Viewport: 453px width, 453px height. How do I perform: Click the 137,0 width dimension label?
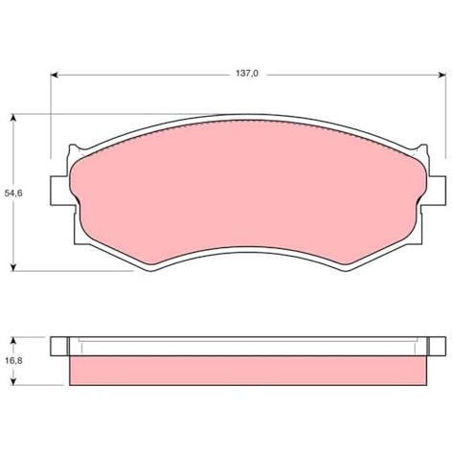coord(247,74)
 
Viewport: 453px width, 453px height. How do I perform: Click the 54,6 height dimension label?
coord(13,193)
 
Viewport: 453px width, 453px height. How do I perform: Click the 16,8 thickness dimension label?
coord(13,361)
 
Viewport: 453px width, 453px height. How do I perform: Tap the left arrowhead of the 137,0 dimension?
coord(55,75)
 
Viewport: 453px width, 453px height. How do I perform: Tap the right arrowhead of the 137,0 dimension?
coord(442,75)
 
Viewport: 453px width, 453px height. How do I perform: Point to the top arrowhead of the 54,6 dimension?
coord(13,118)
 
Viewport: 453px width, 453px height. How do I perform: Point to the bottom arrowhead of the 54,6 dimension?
coord(13,267)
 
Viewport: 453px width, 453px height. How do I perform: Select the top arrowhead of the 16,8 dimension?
coord(13,340)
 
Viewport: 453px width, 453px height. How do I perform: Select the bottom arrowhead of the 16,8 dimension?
coord(13,381)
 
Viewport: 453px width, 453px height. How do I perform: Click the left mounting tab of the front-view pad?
coord(59,191)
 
